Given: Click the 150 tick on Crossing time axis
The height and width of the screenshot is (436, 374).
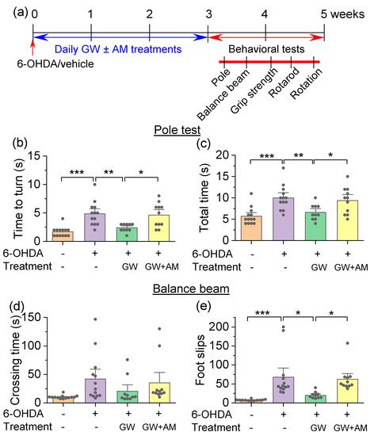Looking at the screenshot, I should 40,317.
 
